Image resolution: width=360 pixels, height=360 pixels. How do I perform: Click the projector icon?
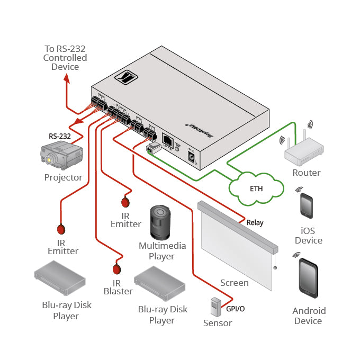pyautogui.click(x=62, y=156)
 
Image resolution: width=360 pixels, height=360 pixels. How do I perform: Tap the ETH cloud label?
pyautogui.click(x=256, y=188)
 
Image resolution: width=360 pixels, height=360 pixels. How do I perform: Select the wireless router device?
pyautogui.click(x=306, y=154)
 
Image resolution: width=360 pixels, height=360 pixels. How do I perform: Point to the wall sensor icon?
pyautogui.click(x=216, y=307)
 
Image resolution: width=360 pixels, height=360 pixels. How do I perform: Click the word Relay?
pyautogui.click(x=255, y=223)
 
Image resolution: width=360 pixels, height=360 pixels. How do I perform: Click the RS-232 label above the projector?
pyautogui.click(x=59, y=136)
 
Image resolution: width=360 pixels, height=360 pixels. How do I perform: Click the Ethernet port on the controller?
pyautogui.click(x=167, y=140)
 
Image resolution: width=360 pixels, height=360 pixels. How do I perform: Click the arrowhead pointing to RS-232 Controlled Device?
pyautogui.click(x=67, y=78)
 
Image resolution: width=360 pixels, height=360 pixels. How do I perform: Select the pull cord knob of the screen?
pyautogui.click(x=275, y=268)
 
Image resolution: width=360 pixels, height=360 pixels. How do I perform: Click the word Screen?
pyautogui.click(x=234, y=283)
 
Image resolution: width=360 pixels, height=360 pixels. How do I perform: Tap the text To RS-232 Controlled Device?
pyautogui.click(x=65, y=58)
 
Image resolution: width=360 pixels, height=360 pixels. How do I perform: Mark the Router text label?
pyautogui.click(x=306, y=173)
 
